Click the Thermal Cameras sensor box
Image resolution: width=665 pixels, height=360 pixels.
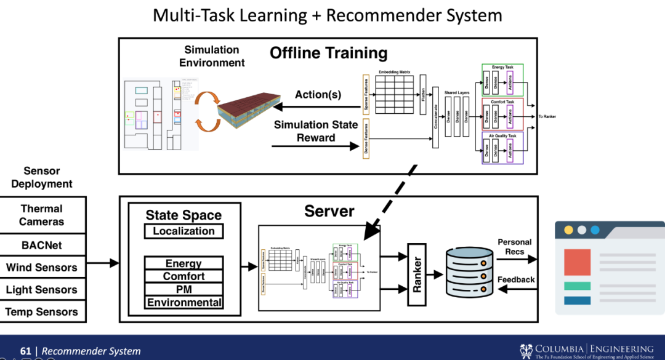coord(42,215)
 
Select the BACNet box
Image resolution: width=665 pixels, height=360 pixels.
coord(42,245)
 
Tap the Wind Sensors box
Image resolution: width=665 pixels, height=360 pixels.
coord(42,268)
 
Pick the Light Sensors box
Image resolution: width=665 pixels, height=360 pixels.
coord(42,290)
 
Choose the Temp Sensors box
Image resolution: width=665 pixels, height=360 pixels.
coord(42,312)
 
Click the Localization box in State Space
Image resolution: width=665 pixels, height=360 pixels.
coord(183,231)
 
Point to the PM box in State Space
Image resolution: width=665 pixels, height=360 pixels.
coord(183,289)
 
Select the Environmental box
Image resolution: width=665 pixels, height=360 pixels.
coord(183,302)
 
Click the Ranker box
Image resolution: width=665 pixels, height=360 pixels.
coord(417,274)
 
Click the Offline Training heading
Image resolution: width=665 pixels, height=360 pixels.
coord(328,53)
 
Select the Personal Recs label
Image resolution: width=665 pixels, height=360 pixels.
coord(515,247)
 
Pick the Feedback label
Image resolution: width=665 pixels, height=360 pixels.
coord(516,280)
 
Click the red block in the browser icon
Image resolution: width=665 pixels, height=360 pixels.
coord(578,262)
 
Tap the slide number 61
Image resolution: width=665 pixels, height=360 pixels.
coord(25,351)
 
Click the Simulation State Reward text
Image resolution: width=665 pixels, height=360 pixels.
coord(316,131)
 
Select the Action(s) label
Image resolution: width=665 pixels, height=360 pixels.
coord(318,95)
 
